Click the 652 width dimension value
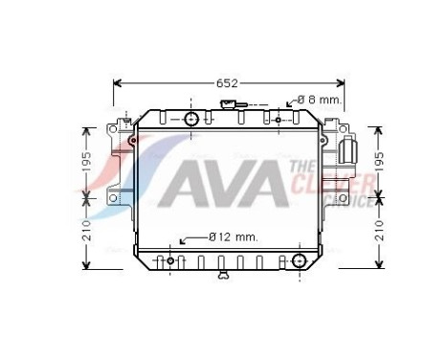[x=225, y=83]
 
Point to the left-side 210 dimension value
[x=86, y=230]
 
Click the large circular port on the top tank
[x=191, y=119]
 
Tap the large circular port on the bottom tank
[x=300, y=259]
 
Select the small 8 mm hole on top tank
[x=278, y=120]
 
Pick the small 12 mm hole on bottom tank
[x=171, y=260]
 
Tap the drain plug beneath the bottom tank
[x=224, y=276]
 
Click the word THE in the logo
[x=298, y=167]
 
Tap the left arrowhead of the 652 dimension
[x=117, y=83]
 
